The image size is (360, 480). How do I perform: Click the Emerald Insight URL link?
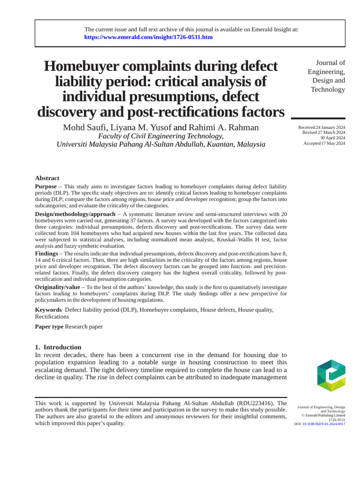tap(148, 37)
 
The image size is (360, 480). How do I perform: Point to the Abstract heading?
tap(47, 178)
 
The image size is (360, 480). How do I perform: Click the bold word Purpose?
tap(46, 187)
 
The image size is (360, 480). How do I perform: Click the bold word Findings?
tap(46, 253)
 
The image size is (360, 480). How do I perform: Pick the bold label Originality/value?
tap(57, 287)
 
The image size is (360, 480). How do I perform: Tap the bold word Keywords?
tap(48, 310)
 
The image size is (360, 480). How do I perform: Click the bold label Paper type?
tap(49, 327)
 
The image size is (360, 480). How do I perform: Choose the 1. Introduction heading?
tap(58, 347)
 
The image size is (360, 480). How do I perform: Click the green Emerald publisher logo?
tap(331, 375)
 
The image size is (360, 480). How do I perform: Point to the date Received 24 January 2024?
tap(322, 128)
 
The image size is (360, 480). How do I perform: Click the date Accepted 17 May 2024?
tap(324, 143)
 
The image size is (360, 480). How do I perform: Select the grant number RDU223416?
tap(254, 403)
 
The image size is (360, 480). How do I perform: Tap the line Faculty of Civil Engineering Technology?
tap(160, 136)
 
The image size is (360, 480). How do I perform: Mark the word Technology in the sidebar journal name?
tap(328, 89)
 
